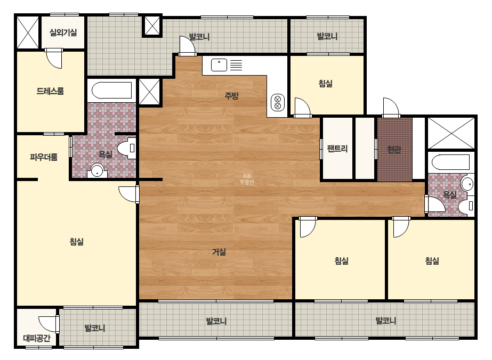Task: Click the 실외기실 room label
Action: click(x=63, y=32)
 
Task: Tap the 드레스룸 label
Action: click(x=50, y=91)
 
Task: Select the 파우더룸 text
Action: click(x=44, y=157)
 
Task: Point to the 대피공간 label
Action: click(x=37, y=338)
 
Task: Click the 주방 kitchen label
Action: click(x=231, y=96)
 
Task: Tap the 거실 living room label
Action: click(x=219, y=252)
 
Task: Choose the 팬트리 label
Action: click(x=337, y=149)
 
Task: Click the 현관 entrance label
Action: click(x=394, y=150)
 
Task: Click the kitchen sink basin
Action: click(x=219, y=65)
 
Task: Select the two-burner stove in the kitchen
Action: click(x=277, y=103)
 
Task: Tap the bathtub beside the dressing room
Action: click(x=112, y=91)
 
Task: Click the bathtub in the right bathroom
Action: click(x=450, y=162)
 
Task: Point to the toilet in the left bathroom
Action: click(x=126, y=148)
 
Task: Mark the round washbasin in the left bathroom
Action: click(x=97, y=171)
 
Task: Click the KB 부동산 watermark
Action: click(x=247, y=179)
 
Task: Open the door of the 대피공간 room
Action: click(x=49, y=324)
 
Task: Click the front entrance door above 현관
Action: click(x=391, y=108)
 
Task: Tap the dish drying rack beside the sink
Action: click(x=236, y=65)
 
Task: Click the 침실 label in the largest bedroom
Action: click(x=77, y=242)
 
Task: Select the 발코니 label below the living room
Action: click(x=216, y=321)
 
